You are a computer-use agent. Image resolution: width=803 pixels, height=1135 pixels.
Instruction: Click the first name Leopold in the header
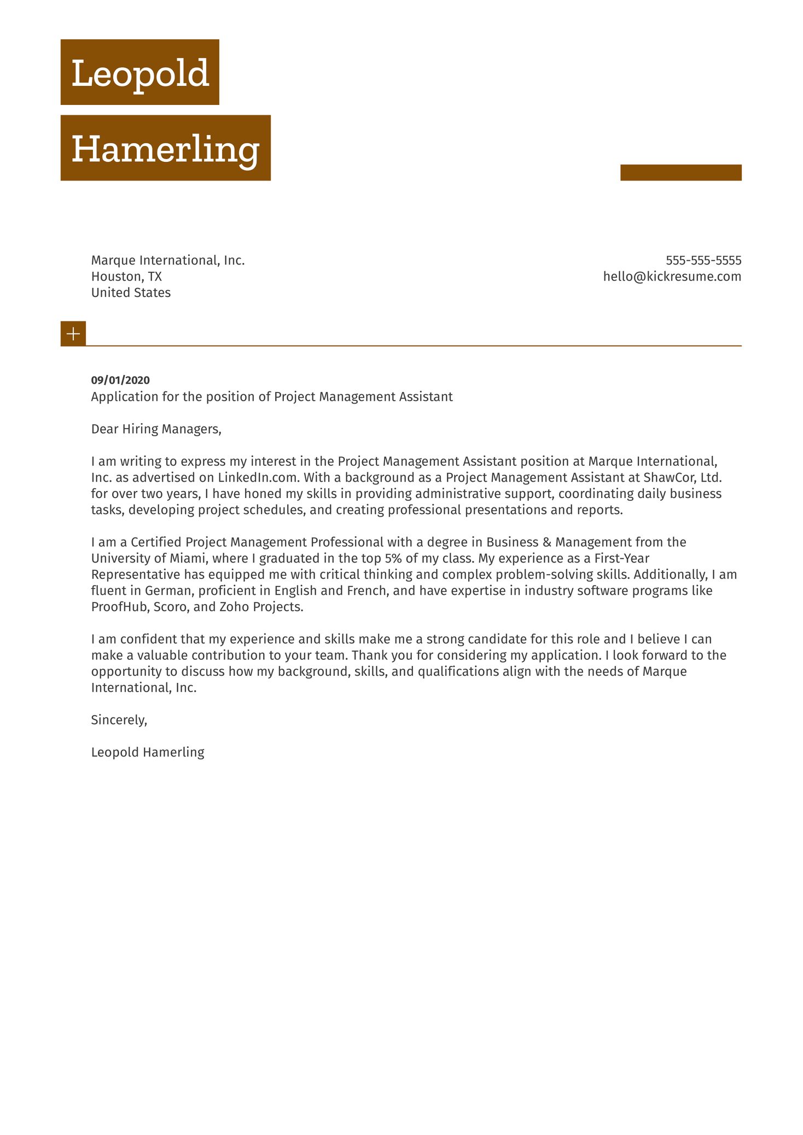140,73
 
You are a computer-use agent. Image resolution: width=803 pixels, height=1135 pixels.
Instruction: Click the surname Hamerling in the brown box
165,149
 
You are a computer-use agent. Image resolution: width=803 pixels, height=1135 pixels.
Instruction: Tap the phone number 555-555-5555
703,260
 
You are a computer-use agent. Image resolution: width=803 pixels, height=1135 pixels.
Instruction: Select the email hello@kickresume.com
672,277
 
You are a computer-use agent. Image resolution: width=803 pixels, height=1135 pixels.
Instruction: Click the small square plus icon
73,334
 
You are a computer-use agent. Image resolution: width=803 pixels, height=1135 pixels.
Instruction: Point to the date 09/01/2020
120,381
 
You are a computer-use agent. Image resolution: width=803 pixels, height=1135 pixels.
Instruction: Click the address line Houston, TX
126,277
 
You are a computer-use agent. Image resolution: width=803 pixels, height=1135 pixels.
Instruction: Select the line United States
131,293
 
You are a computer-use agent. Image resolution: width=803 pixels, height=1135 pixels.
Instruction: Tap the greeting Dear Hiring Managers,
156,429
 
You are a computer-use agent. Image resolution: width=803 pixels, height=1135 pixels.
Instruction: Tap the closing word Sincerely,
119,720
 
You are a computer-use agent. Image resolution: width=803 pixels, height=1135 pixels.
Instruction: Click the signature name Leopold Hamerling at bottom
148,752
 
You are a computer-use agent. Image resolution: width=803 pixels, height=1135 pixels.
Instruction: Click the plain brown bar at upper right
680,172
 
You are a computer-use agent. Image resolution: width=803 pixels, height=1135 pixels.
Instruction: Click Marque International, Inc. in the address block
168,261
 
